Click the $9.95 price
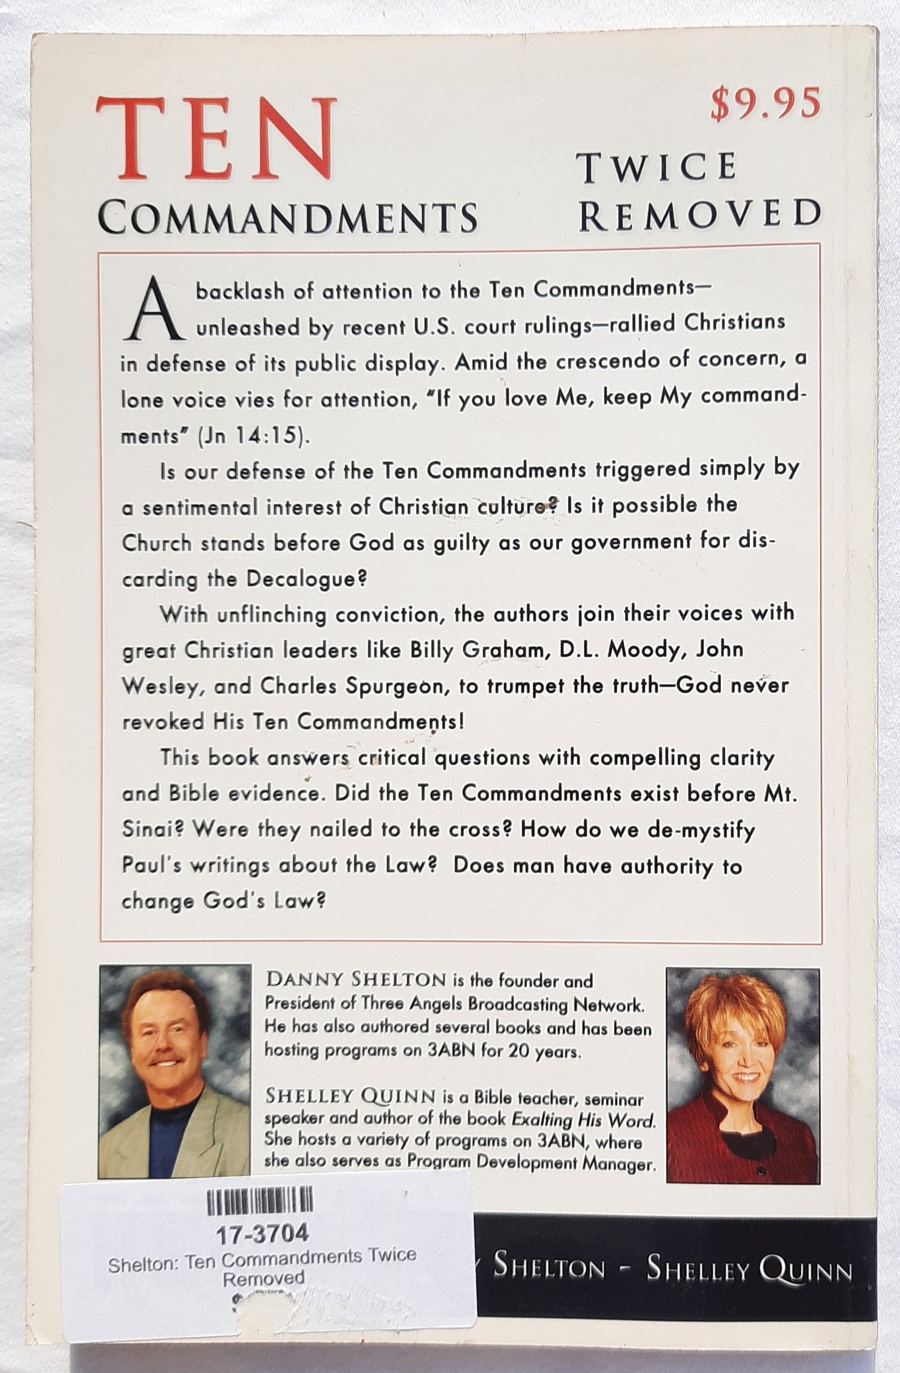tap(765, 104)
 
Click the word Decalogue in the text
tap(302, 578)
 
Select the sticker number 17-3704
tap(260, 1233)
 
